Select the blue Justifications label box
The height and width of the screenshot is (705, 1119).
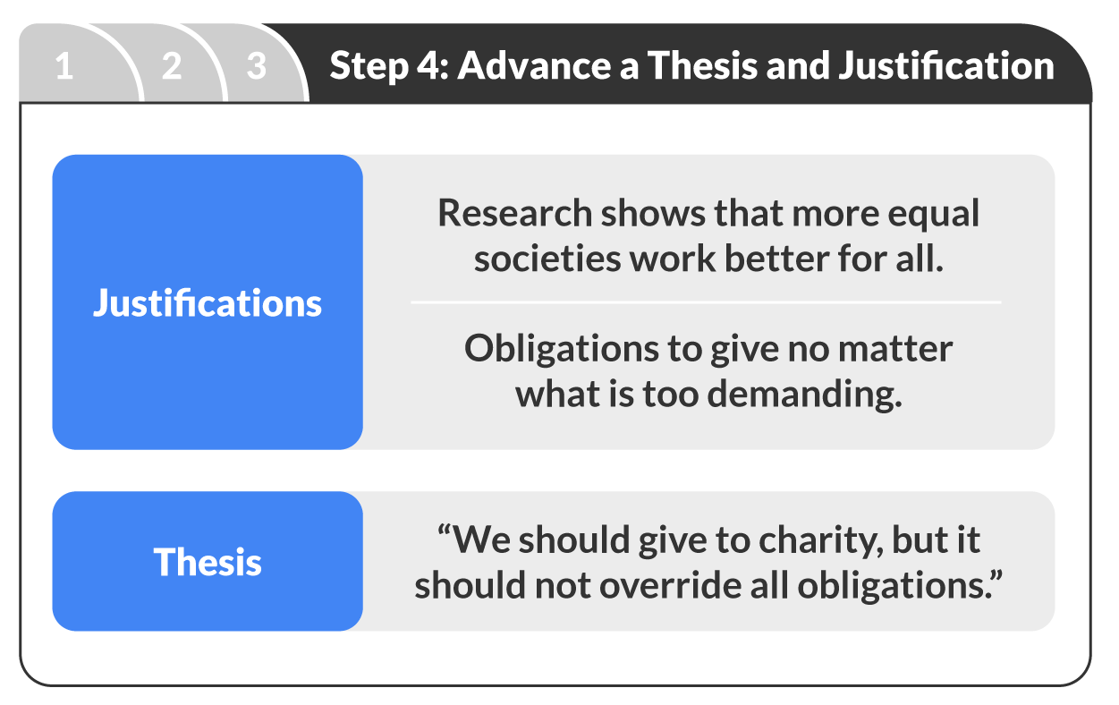208,302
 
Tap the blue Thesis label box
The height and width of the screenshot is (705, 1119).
208,562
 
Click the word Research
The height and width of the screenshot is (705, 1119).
514,214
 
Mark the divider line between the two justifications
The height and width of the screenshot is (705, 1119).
706,302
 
